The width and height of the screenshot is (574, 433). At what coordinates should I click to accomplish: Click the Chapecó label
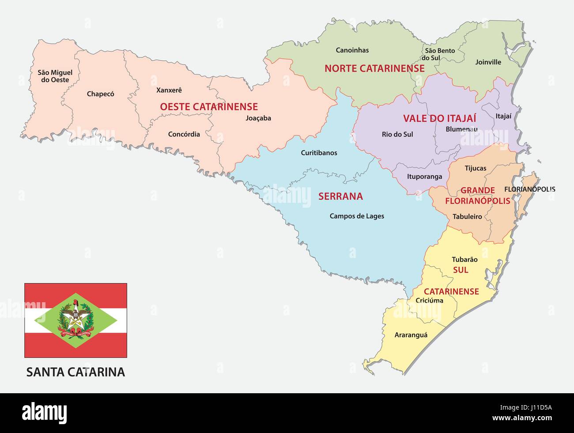100,94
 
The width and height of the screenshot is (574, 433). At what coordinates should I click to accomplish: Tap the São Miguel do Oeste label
55,76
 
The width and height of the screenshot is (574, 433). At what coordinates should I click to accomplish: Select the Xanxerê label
169,90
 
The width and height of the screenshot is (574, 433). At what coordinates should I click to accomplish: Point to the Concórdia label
184,134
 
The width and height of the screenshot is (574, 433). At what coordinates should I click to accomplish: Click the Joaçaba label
258,118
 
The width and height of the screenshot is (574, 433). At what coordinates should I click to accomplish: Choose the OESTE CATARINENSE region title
209,106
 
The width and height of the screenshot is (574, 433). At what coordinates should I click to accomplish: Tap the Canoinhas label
352,50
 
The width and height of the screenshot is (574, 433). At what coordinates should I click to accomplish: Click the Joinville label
488,62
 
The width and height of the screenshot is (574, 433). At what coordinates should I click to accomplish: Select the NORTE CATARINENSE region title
374,68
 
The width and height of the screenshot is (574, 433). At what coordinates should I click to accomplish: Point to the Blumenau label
461,129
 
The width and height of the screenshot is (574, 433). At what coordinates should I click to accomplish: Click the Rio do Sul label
397,134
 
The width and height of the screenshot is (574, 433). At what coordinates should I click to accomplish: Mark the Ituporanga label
424,176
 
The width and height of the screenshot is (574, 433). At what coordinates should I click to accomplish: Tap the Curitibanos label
319,153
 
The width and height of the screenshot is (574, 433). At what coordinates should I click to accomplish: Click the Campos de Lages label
357,216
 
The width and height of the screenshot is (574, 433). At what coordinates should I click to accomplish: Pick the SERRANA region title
340,196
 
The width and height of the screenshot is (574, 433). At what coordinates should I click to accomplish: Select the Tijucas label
476,168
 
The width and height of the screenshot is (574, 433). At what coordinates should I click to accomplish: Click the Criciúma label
429,300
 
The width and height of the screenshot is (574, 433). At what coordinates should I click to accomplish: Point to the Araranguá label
411,335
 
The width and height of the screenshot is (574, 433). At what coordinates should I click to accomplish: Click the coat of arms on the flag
76,320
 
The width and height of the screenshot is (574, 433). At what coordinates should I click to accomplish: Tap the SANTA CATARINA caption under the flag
76,372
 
